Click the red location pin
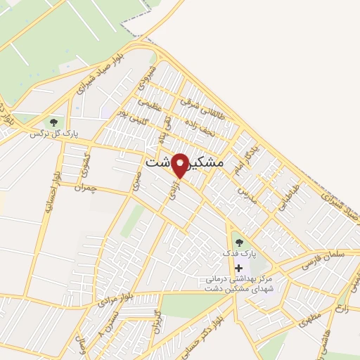(x=180, y=165)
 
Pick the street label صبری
(x=136, y=181)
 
